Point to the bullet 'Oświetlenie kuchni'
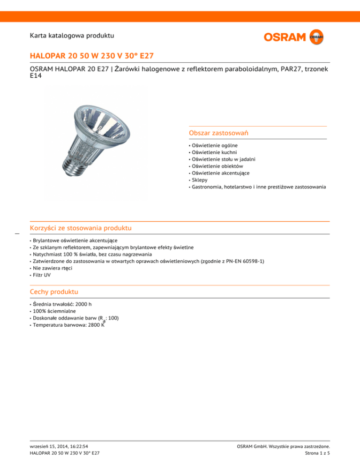coord(214,152)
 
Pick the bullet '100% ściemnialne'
coord(53,311)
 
